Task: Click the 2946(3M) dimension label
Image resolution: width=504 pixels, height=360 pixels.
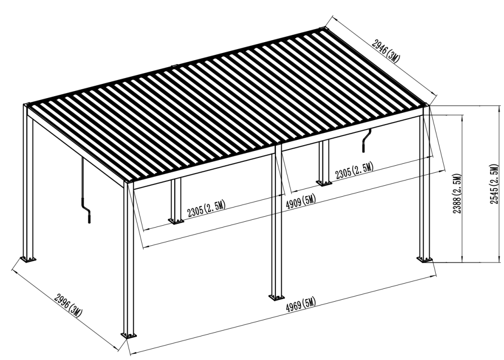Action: point(386,51)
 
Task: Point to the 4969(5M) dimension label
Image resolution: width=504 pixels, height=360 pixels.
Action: point(300,304)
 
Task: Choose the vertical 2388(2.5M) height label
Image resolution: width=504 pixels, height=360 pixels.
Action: point(457,194)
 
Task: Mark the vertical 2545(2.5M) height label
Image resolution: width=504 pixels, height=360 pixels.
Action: point(494,184)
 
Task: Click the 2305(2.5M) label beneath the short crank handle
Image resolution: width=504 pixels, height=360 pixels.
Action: point(354,171)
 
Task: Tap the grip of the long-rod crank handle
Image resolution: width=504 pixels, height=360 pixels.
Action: point(89,217)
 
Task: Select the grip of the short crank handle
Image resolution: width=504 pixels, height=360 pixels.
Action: point(364,148)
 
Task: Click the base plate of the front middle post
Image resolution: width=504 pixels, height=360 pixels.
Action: point(276,297)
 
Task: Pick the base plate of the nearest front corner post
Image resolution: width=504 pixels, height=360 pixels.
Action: point(129,335)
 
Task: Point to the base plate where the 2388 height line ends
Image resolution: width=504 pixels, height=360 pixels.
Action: point(425,259)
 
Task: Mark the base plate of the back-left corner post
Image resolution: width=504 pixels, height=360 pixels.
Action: point(28,259)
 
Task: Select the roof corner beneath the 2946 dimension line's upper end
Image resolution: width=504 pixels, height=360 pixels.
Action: point(325,29)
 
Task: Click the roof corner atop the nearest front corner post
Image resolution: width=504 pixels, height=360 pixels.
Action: point(129,182)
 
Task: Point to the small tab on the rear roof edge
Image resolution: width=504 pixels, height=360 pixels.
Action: point(175,67)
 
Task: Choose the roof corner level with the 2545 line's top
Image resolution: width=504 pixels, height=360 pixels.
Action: point(425,104)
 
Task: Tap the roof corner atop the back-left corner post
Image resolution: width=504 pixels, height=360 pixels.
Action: point(27,104)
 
